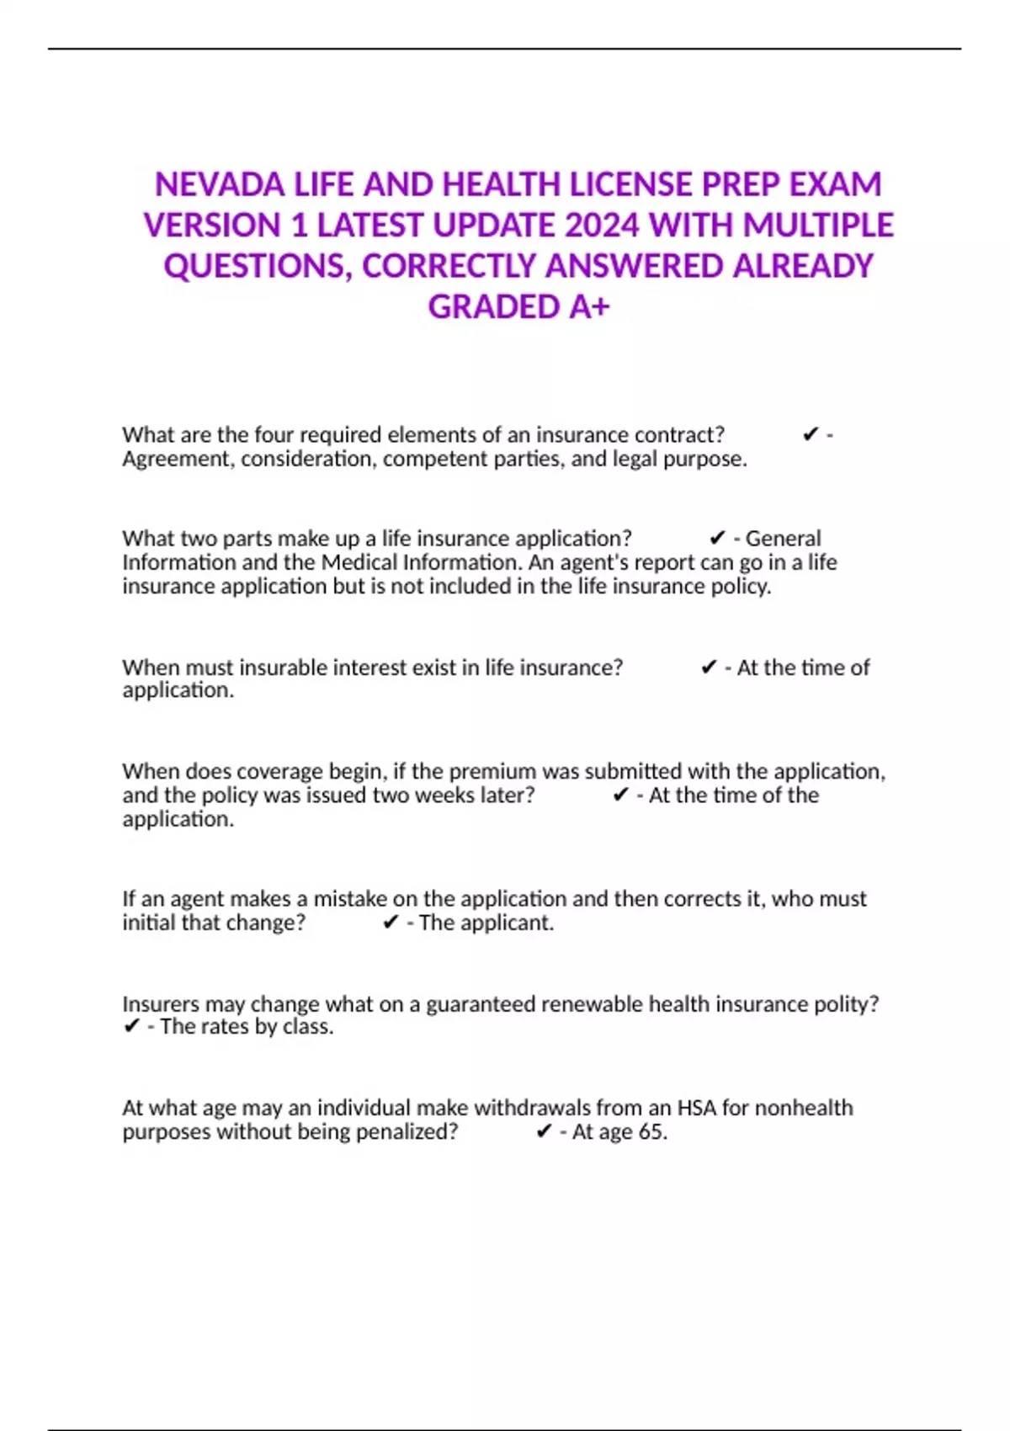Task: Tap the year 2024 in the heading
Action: [x=602, y=226]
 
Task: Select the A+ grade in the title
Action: [x=588, y=307]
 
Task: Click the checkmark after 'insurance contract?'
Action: [x=810, y=435]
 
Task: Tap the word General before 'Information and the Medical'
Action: [x=783, y=539]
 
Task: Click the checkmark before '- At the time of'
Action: [x=709, y=668]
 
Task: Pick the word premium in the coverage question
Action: [x=492, y=772]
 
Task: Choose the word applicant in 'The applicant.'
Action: [x=505, y=923]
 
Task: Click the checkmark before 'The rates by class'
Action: [x=131, y=1027]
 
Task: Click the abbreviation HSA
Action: [x=697, y=1108]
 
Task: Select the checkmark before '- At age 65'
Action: [x=544, y=1132]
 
